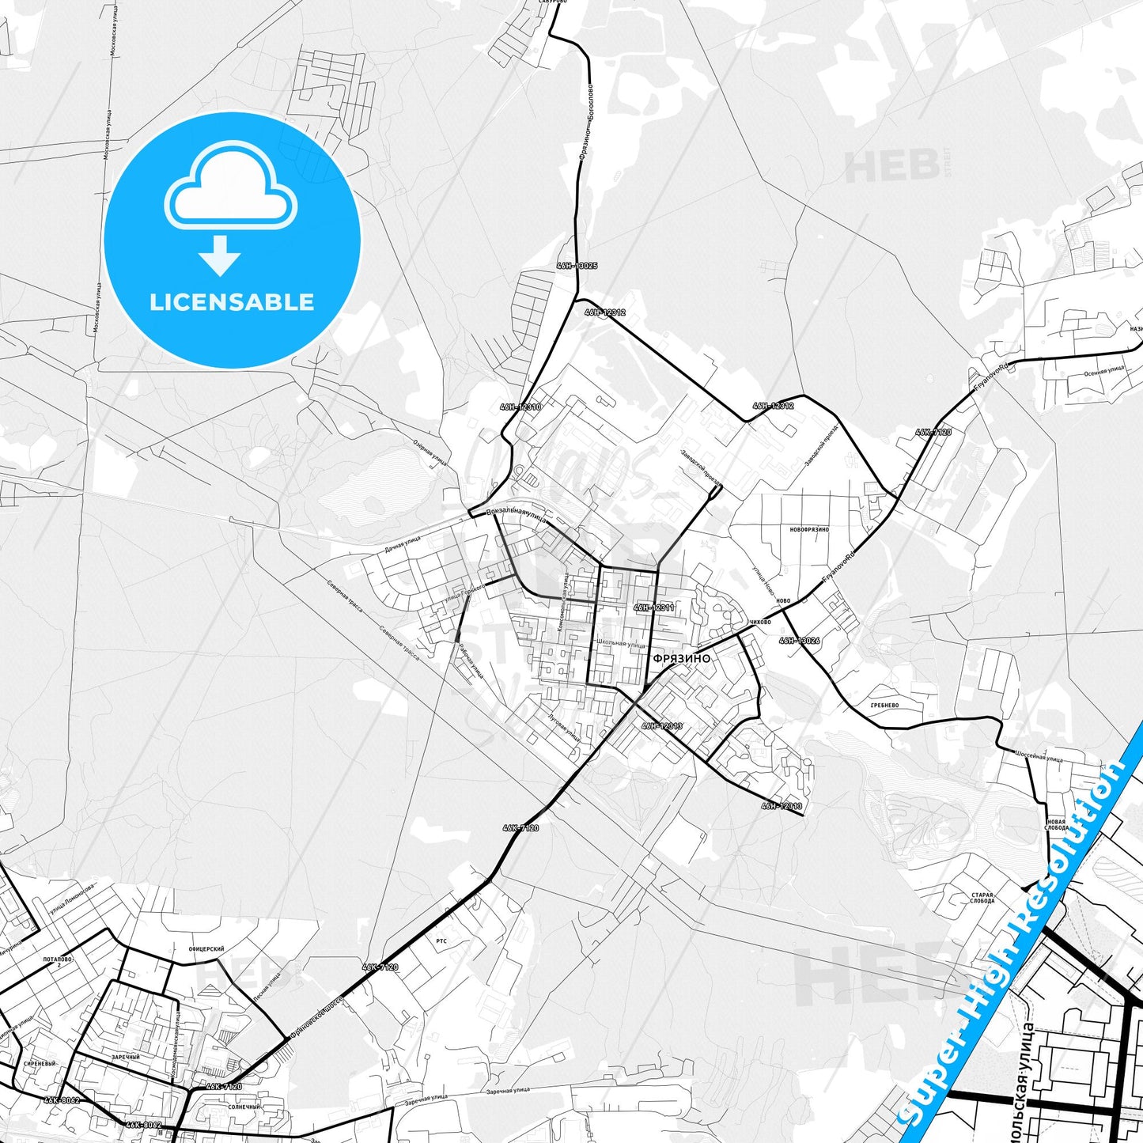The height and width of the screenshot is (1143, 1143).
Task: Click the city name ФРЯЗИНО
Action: [x=681, y=658]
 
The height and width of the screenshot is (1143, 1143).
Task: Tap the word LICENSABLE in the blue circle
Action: [x=232, y=302]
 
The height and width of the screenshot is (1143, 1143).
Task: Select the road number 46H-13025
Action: [x=577, y=267]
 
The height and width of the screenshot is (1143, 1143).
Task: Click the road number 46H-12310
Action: [x=520, y=407]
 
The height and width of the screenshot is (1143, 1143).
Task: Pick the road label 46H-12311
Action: [x=654, y=607]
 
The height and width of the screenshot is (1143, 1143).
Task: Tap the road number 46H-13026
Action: [x=799, y=641]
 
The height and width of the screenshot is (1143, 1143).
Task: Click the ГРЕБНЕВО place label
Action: [x=884, y=705]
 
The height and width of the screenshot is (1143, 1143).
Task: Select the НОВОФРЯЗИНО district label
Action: [x=808, y=529]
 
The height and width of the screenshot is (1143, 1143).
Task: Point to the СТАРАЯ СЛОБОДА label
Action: [x=982, y=899]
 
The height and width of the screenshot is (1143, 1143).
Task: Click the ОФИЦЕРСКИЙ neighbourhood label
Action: [x=206, y=949]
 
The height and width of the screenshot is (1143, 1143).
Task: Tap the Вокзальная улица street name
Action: [x=517, y=513]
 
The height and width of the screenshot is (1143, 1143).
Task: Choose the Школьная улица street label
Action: [x=621, y=643]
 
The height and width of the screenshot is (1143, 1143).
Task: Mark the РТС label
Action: [x=441, y=941]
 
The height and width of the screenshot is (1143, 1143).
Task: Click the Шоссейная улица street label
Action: [x=1039, y=756]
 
